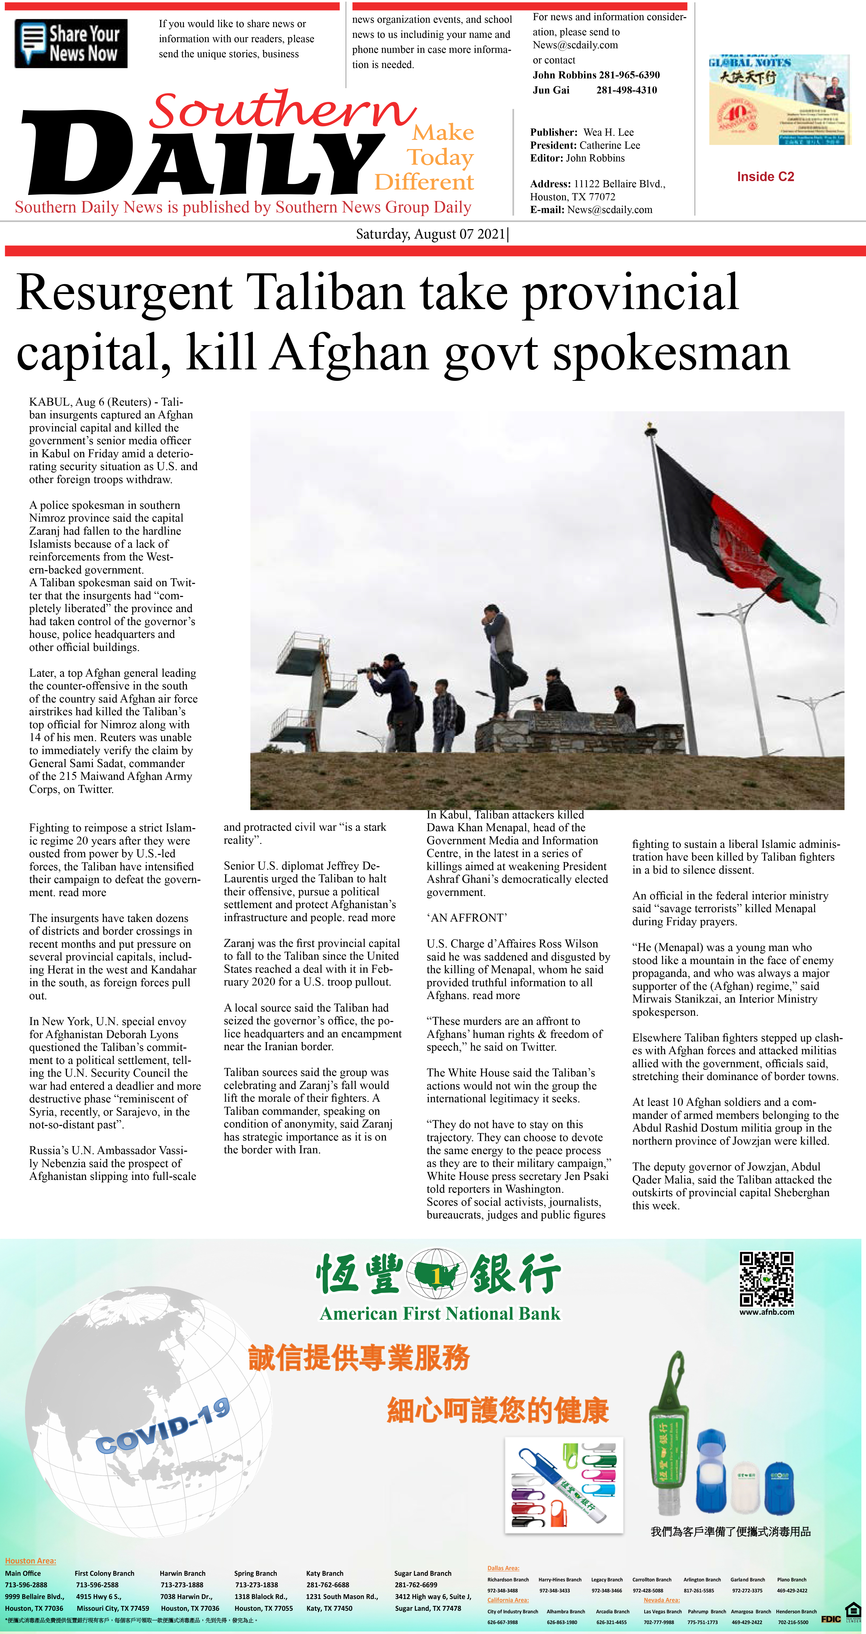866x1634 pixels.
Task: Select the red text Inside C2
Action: pyautogui.click(x=765, y=177)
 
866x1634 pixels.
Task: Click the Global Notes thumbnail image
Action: pyautogui.click(x=778, y=100)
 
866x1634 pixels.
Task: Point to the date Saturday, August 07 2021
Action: pyautogui.click(x=431, y=234)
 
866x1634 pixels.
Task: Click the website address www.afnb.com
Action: pyautogui.click(x=766, y=1312)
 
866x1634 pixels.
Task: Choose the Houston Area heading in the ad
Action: pyautogui.click(x=30, y=1560)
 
